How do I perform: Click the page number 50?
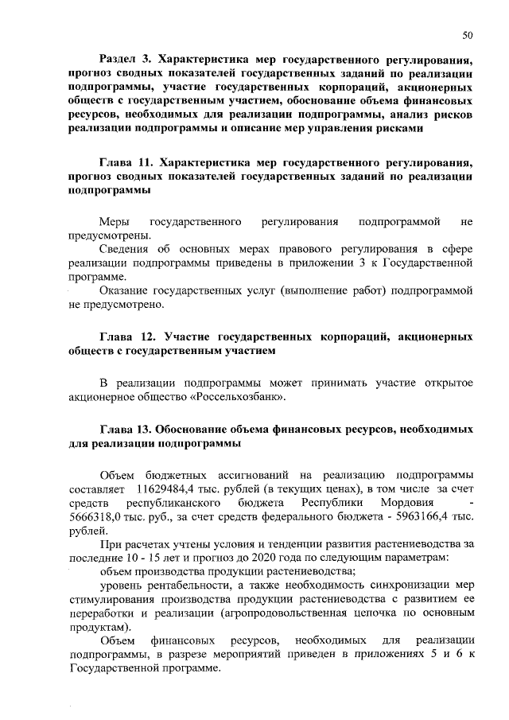(467, 33)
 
